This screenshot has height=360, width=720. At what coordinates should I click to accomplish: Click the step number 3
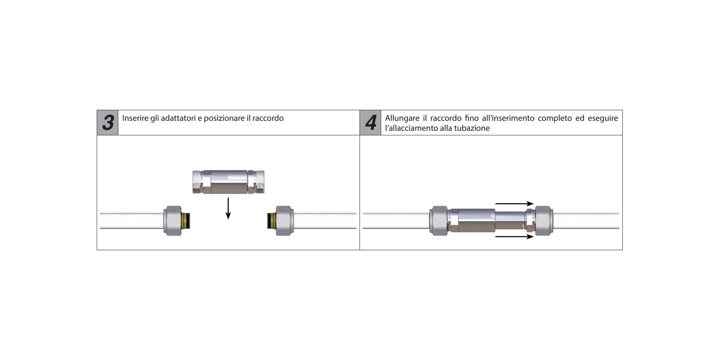tap(108, 123)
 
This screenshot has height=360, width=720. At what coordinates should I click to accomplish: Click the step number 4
tap(371, 123)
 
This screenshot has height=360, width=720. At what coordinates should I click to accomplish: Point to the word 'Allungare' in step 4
tap(402, 118)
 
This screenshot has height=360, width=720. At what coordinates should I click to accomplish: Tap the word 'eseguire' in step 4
tap(603, 118)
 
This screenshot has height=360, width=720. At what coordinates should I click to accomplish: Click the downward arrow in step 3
tap(228, 208)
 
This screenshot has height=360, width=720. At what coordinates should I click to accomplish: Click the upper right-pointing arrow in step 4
tap(514, 204)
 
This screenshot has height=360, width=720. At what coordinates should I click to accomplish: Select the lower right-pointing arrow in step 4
tap(514, 237)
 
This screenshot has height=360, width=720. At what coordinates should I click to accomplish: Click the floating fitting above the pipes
tap(228, 182)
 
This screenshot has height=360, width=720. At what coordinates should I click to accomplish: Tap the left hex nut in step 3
tap(172, 221)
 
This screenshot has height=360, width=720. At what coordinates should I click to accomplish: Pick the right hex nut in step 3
tap(284, 221)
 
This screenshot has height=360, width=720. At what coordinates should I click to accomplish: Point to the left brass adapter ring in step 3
tap(186, 221)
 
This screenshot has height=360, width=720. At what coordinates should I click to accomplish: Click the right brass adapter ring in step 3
tap(271, 221)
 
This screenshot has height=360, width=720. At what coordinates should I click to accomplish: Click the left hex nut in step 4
tap(439, 221)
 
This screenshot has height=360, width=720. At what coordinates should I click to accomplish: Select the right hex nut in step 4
tap(544, 221)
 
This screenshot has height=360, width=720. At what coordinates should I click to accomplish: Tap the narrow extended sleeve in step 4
tap(510, 221)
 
